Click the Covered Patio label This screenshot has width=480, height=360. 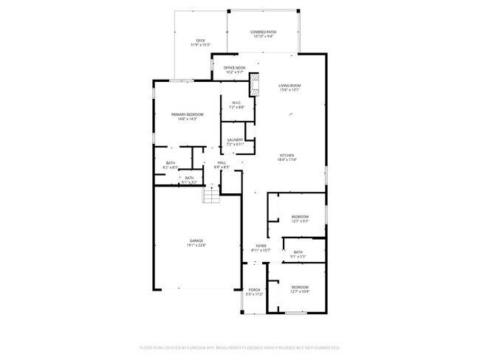click(262, 32)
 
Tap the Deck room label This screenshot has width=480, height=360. click(200, 41)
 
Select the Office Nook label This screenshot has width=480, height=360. click(235, 68)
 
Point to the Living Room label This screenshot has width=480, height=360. click(289, 86)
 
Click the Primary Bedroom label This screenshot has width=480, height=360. click(187, 114)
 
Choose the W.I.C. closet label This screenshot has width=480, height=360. click(236, 103)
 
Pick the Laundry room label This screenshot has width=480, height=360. click(236, 139)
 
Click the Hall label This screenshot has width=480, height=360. click(222, 162)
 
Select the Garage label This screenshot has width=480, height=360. click(196, 240)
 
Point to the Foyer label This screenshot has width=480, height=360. click(261, 246)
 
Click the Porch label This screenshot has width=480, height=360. click(254, 290)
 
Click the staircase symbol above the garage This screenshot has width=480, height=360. click(213, 195)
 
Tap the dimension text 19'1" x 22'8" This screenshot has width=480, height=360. click(196, 245)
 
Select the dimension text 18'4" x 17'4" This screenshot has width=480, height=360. click(287, 160)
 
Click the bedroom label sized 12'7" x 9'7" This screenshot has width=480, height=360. click(299, 216)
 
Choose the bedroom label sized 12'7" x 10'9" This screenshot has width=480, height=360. click(299, 287)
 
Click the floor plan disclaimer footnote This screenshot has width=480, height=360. click(239, 347)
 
